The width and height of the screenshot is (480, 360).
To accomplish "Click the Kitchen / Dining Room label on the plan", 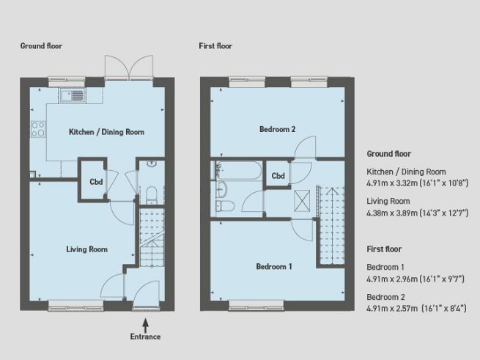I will pos(106,133).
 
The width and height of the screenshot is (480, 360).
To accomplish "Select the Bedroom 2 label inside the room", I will pos(278,130).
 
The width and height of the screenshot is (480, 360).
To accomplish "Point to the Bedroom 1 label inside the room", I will pos(274,266).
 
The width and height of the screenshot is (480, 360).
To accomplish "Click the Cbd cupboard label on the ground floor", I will pos(95,182).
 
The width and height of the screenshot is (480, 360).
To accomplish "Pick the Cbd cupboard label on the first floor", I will pos(278,176).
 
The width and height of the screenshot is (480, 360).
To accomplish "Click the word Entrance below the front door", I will pos(145,337).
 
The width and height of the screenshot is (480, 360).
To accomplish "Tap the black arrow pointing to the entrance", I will pos(145,322).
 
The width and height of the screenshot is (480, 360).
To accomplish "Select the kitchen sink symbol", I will pos(73,95).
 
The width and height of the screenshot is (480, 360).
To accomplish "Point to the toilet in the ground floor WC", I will pos(150,193).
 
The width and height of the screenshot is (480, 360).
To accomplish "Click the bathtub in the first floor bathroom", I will pos(236,172).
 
